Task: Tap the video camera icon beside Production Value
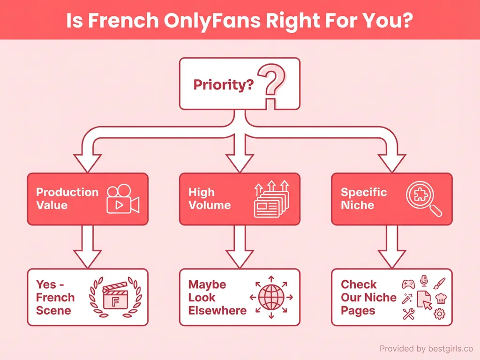point(123,199)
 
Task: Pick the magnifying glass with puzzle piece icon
point(423,199)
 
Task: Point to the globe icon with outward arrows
point(271,297)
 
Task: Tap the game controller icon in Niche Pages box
point(408,284)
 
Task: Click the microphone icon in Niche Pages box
point(424,281)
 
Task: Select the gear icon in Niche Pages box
point(439,314)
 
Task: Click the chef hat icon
point(441,298)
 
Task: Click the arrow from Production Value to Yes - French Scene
point(87,246)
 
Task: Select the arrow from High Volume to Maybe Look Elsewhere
point(240,246)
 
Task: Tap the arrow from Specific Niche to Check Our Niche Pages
point(392,246)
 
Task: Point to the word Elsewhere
point(217,310)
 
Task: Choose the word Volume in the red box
point(209,205)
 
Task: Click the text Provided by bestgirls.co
point(426,348)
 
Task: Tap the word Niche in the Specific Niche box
point(357,205)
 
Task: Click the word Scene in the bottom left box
point(53,310)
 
